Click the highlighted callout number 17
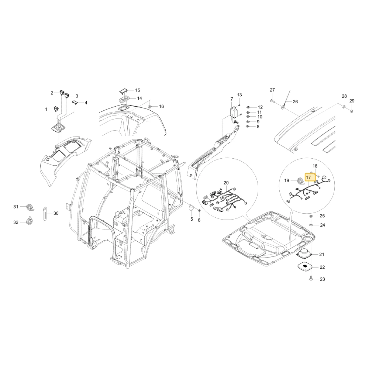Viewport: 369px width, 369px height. (308, 177)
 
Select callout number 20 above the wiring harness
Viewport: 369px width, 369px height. (226, 183)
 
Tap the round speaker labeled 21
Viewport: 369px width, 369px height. (304, 254)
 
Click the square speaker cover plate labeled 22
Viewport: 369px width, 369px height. (304, 267)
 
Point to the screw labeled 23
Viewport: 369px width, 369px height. (311, 279)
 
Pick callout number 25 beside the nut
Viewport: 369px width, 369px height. (322, 216)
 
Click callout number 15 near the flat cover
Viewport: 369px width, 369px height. (138, 90)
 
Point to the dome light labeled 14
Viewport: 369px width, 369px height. (124, 100)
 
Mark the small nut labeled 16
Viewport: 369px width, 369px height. (150, 107)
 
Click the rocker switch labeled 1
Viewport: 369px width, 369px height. (56, 109)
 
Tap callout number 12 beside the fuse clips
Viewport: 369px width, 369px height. (260, 107)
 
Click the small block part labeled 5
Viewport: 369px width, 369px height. (191, 208)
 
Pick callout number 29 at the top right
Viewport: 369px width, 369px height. (352, 101)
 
